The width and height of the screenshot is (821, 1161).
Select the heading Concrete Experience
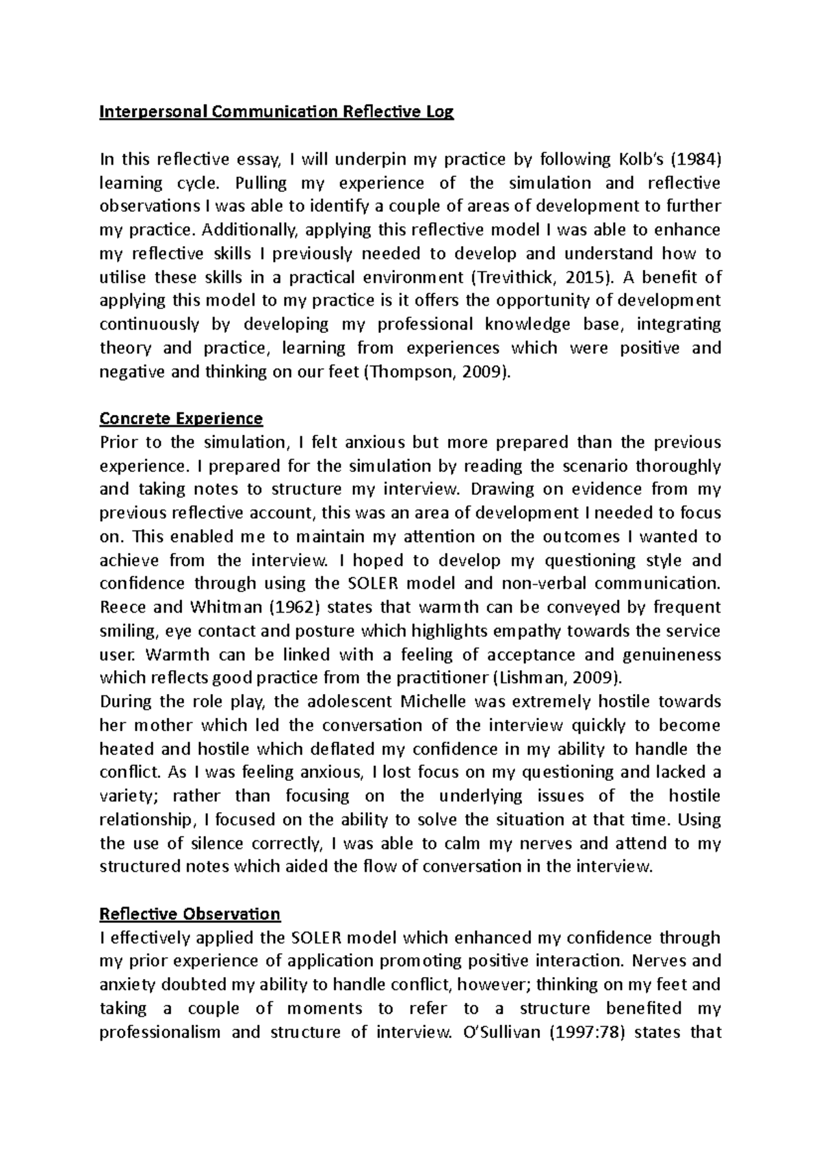[181, 418]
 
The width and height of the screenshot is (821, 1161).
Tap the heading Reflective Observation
[190, 913]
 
